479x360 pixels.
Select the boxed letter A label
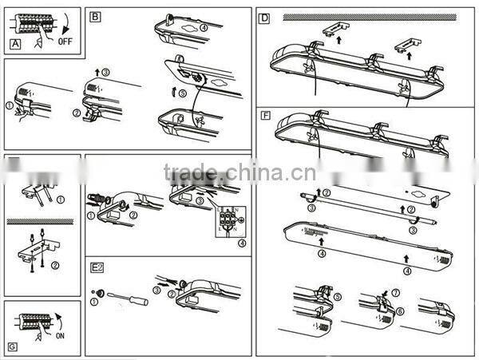coord(14,44)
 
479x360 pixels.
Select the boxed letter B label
coord(95,16)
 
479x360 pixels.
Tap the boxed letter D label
coord(265,17)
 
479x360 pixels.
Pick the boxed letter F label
coord(265,116)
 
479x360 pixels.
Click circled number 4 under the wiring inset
coord(241,243)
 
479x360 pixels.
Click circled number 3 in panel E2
coord(156,290)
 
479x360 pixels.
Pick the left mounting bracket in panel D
coord(333,29)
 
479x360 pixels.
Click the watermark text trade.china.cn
coord(239,172)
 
